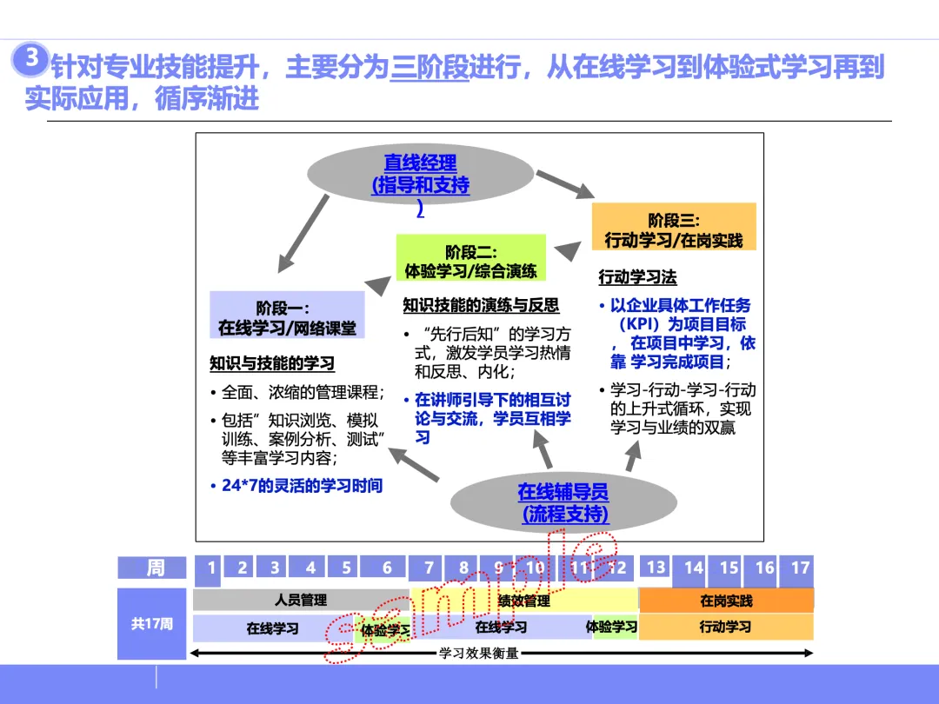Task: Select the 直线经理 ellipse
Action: pyautogui.click(x=421, y=175)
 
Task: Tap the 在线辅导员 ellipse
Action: pyautogui.click(x=563, y=503)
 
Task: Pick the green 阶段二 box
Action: pyautogui.click(x=470, y=260)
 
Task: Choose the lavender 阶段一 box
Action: pyautogui.click(x=287, y=317)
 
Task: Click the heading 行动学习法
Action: pyautogui.click(x=637, y=278)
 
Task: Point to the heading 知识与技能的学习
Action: pyautogui.click(x=272, y=363)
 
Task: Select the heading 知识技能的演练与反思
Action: pyautogui.click(x=481, y=306)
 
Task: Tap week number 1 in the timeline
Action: pyautogui.click(x=209, y=569)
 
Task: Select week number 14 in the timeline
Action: pyautogui.click(x=693, y=568)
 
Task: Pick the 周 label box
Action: pyautogui.click(x=154, y=568)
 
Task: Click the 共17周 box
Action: pyautogui.click(x=152, y=623)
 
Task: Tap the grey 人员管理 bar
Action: pyautogui.click(x=301, y=600)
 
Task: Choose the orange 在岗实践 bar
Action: pyautogui.click(x=726, y=601)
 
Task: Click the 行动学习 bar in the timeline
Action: pyautogui.click(x=726, y=627)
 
